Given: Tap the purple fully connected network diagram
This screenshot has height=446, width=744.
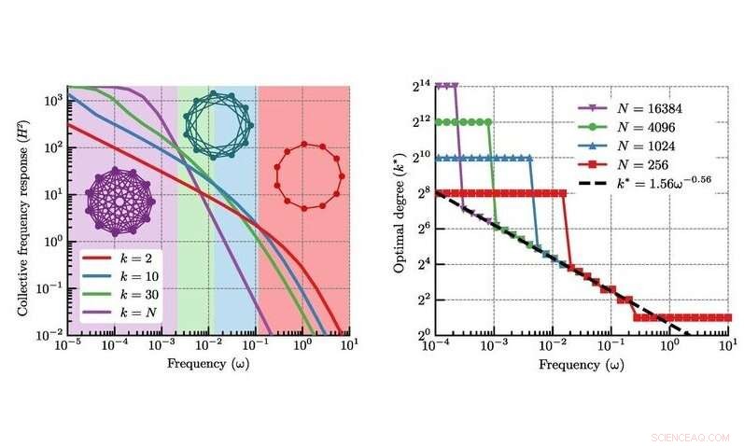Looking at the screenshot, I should coord(117,200).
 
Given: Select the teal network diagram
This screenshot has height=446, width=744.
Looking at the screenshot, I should coord(210,118).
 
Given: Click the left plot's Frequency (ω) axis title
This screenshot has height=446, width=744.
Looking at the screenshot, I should coord(206,363).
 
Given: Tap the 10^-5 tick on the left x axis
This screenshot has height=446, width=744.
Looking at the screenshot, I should coord(66,345).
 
